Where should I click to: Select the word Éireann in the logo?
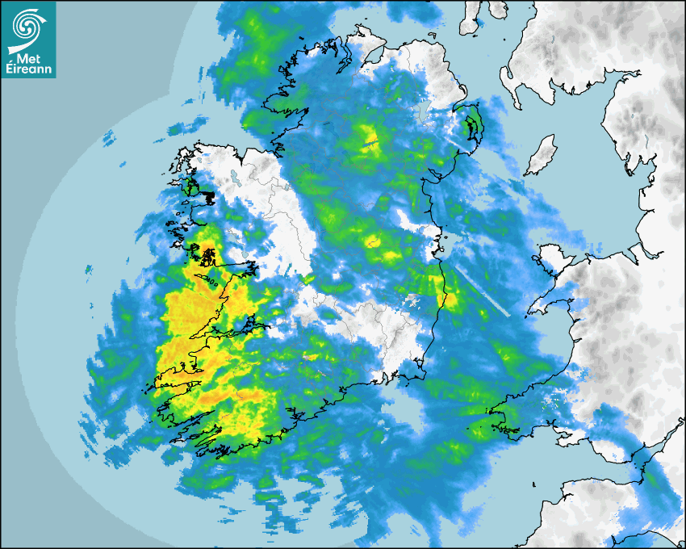(x=28, y=69)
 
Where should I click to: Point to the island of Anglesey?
(x=549, y=258)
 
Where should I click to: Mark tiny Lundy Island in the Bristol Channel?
(x=534, y=484)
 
